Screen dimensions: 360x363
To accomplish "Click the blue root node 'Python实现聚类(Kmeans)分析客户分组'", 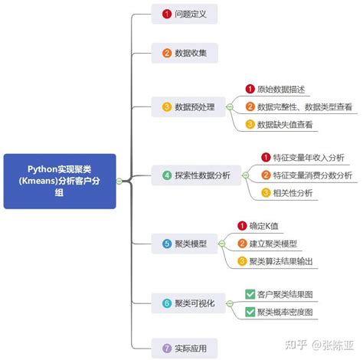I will pos(60,181).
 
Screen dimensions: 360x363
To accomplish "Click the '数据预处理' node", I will pos(190,106).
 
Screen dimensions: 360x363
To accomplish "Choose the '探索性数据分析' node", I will pos(195,175).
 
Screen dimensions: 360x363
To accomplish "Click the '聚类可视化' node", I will pos(188,303).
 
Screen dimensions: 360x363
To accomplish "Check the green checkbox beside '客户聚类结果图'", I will pos(250,294).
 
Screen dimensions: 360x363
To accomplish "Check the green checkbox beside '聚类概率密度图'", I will pos(250,312).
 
